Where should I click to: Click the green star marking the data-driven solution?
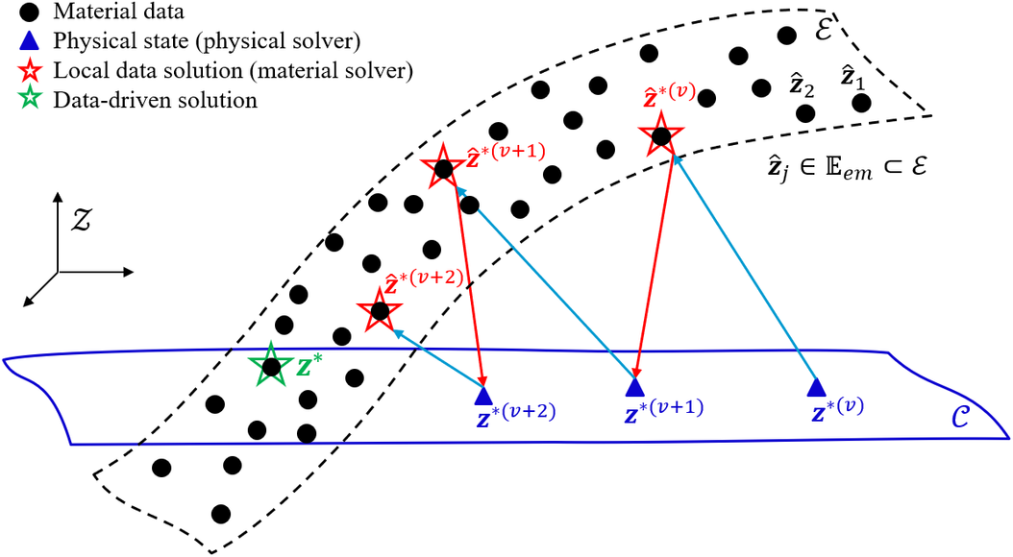pyautogui.click(x=271, y=365)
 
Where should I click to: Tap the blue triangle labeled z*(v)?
pyautogui.click(x=817, y=387)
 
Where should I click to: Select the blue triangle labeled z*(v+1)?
pyautogui.click(x=635, y=387)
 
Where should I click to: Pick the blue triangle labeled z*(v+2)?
pyautogui.click(x=483, y=395)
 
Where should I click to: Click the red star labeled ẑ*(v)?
pyautogui.click(x=660, y=134)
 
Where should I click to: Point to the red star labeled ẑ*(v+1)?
pyautogui.click(x=442, y=167)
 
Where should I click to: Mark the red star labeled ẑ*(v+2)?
pyautogui.click(x=380, y=310)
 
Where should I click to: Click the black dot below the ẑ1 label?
pyautogui.click(x=860, y=103)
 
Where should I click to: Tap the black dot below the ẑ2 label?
pyautogui.click(x=805, y=113)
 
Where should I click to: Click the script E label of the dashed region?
pyautogui.click(x=823, y=30)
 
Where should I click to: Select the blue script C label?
pyautogui.click(x=960, y=418)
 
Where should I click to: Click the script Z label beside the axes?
pyautogui.click(x=82, y=220)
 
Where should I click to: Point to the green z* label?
pyautogui.click(x=309, y=366)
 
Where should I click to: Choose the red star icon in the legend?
pyautogui.click(x=30, y=70)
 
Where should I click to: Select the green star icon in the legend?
pyautogui.click(x=30, y=99)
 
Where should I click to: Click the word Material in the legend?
pyautogui.click(x=90, y=11)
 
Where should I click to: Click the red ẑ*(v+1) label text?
pyautogui.click(x=506, y=155)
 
